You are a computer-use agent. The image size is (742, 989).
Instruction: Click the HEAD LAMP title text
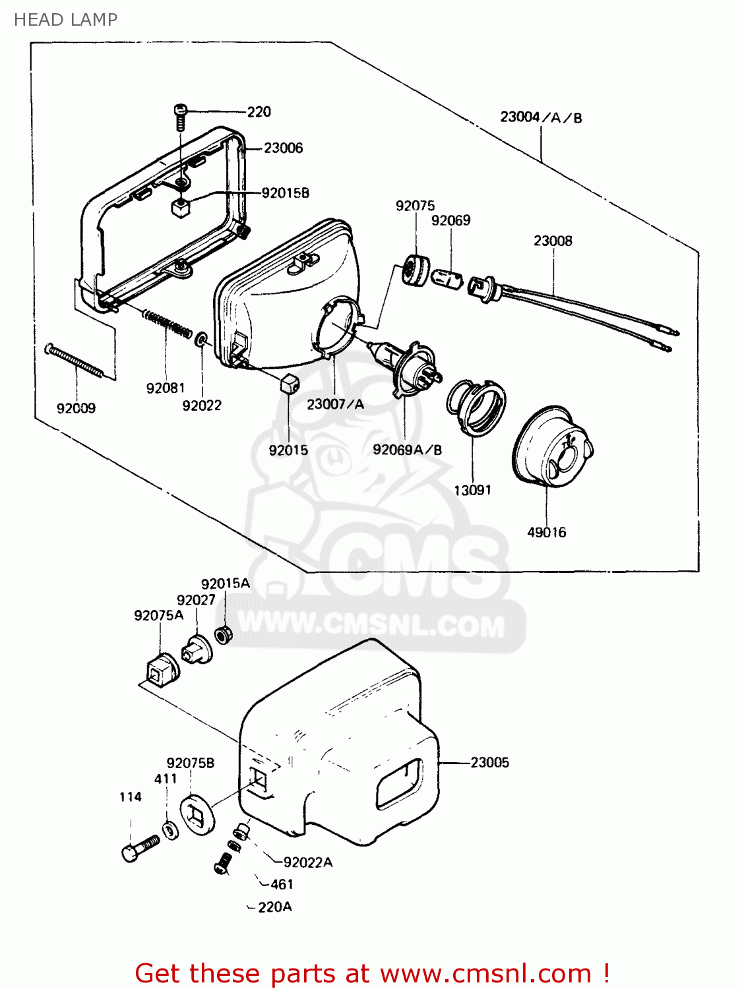pos(65,20)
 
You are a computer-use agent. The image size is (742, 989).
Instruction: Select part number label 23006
pos(283,148)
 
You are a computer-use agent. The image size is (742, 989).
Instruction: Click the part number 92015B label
pos(285,193)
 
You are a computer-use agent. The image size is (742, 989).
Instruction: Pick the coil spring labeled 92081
pos(168,324)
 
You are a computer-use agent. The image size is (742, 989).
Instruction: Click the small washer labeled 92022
pos(201,340)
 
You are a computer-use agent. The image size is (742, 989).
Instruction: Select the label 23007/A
pos(335,404)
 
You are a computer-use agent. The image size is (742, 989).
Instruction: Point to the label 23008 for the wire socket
pos(553,241)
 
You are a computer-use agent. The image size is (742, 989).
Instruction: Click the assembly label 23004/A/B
pos(541,118)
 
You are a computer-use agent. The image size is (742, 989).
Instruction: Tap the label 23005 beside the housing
pos(489,763)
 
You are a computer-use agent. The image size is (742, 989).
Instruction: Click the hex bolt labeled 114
pos(140,848)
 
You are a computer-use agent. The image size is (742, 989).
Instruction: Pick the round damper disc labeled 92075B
pos(197,816)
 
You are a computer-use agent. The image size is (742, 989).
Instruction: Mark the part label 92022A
pos(307,862)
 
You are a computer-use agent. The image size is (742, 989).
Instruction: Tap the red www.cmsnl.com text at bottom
pos(485,973)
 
